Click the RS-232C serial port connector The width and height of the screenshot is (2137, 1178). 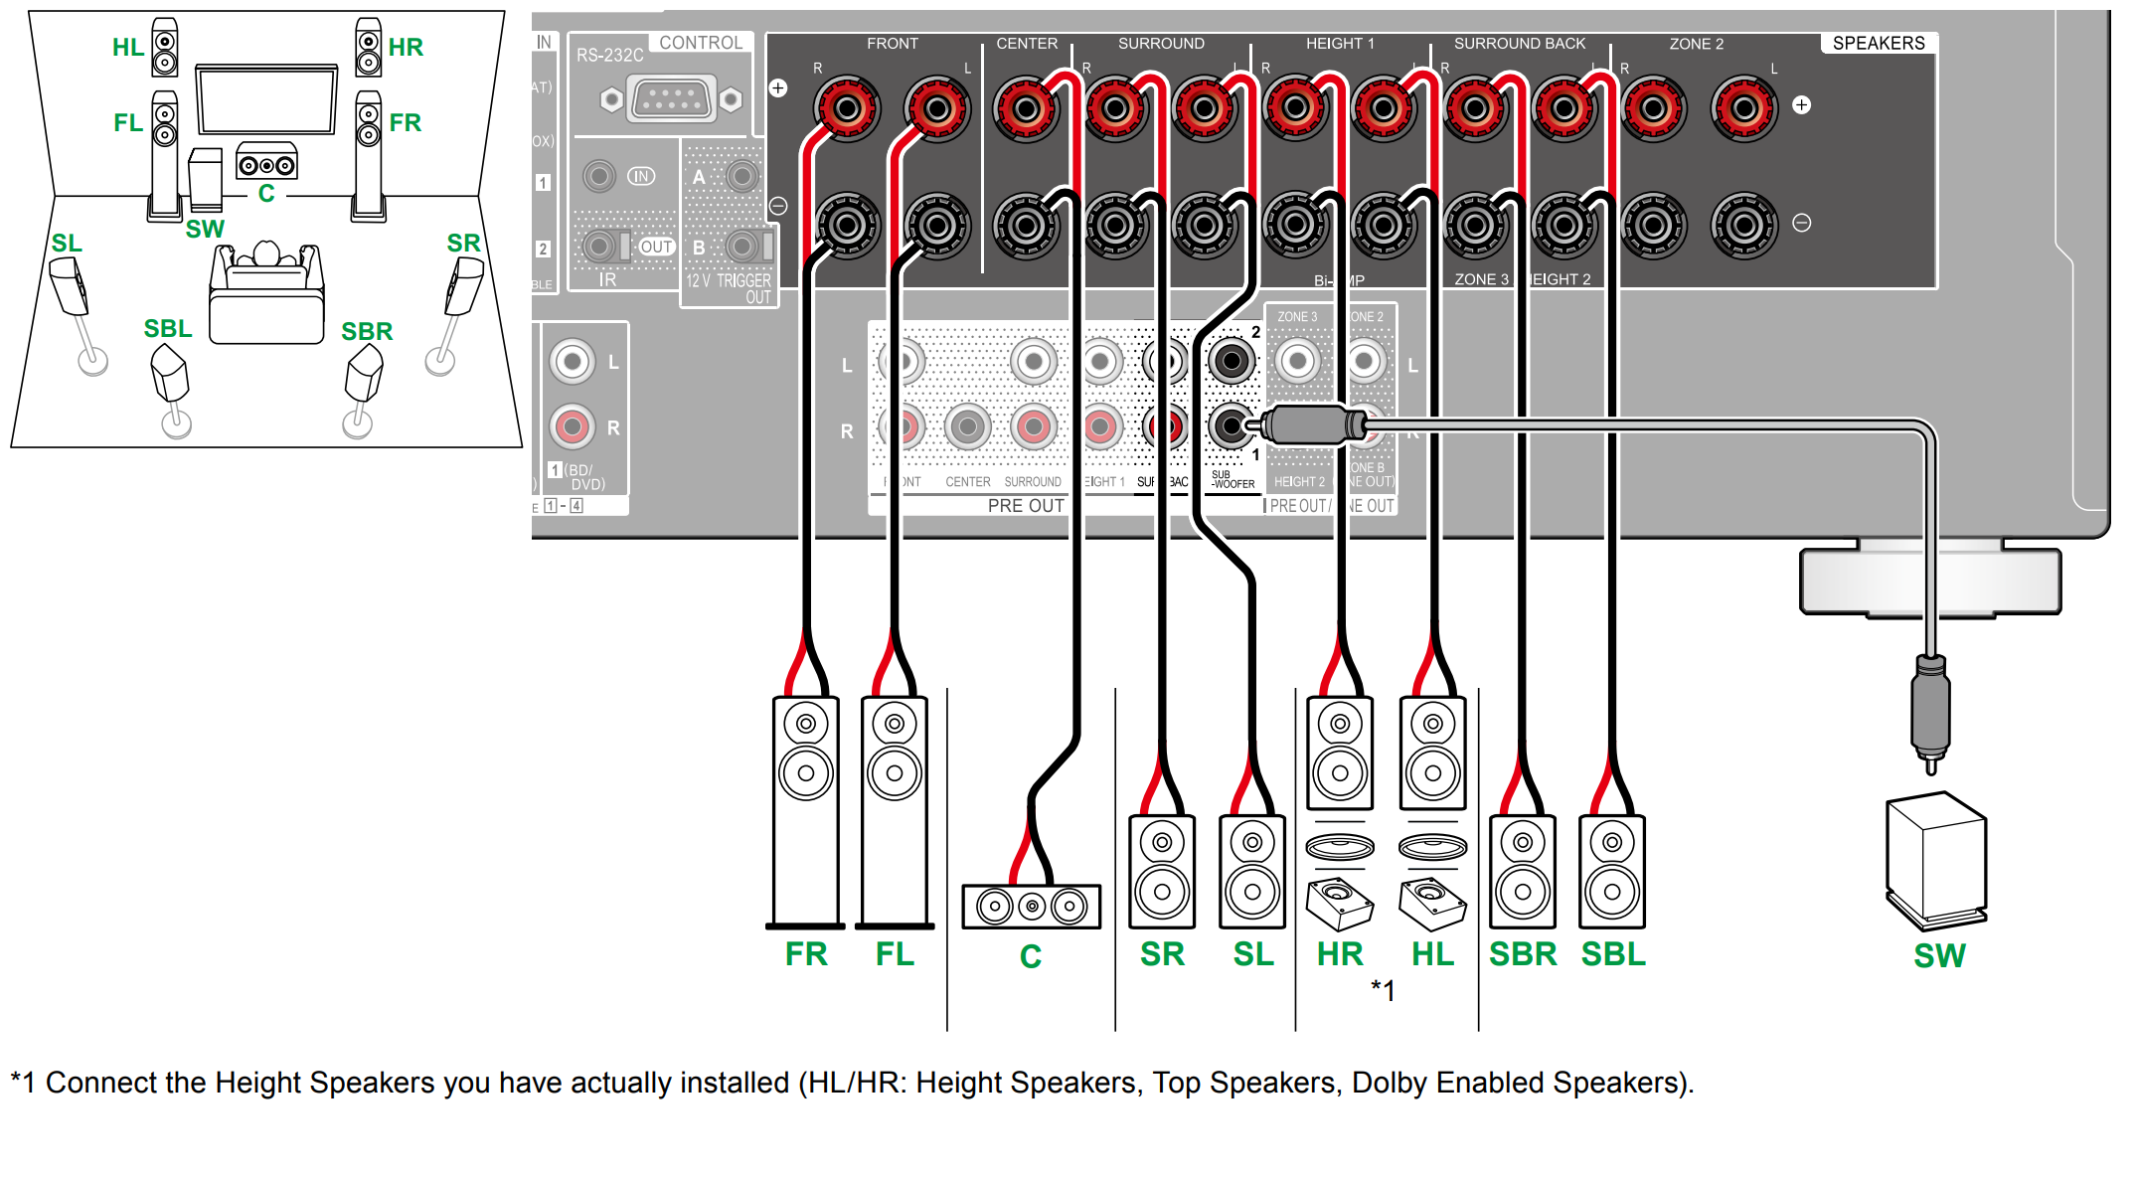click(671, 99)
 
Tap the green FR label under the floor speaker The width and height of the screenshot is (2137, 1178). click(805, 954)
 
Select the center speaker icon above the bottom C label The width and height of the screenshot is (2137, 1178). click(1031, 906)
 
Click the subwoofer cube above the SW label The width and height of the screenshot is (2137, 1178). click(1936, 859)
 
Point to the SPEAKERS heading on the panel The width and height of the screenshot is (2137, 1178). click(1878, 44)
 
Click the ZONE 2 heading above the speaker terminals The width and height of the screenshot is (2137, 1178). click(1696, 44)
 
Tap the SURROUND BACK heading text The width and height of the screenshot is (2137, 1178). click(1519, 44)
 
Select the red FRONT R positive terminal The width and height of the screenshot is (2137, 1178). click(846, 107)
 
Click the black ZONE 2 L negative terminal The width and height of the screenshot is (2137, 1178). click(1743, 226)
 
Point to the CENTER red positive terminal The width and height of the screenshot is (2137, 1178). click(1025, 107)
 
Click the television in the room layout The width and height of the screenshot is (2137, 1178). click(266, 99)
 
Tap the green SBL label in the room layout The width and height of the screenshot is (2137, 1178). click(168, 329)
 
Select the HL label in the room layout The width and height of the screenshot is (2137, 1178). click(127, 47)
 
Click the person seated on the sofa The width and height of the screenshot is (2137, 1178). click(266, 255)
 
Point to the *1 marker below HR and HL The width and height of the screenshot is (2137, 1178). click(1383, 990)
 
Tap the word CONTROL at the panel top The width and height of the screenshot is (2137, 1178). click(701, 43)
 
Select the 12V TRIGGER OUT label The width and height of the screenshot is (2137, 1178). click(729, 288)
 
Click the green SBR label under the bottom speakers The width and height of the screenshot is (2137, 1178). click(1522, 954)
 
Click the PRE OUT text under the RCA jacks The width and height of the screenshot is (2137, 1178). click(1025, 506)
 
